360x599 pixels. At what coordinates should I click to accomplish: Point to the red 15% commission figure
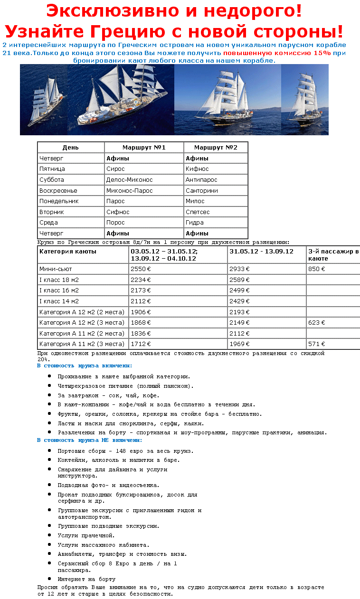[322, 53]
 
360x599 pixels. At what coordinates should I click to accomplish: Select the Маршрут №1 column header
[143, 148]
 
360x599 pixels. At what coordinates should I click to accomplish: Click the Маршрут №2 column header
[215, 148]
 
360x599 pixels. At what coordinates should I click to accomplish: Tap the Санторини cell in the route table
[202, 190]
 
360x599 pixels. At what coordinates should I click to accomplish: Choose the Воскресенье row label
[58, 190]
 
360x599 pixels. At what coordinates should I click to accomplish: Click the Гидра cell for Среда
[195, 223]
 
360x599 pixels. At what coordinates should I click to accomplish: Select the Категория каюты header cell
[67, 252]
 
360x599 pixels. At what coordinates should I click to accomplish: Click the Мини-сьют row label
[56, 269]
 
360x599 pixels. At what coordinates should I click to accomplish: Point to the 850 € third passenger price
[316, 269]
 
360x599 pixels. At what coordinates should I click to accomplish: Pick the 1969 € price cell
[239, 344]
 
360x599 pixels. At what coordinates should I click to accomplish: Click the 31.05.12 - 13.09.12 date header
[261, 252]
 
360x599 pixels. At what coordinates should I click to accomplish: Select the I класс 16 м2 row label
[59, 290]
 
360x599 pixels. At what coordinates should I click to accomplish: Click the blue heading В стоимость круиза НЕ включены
[85, 440]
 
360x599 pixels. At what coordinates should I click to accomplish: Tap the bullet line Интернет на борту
[86, 579]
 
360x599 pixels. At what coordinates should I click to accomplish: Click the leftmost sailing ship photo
[44, 100]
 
